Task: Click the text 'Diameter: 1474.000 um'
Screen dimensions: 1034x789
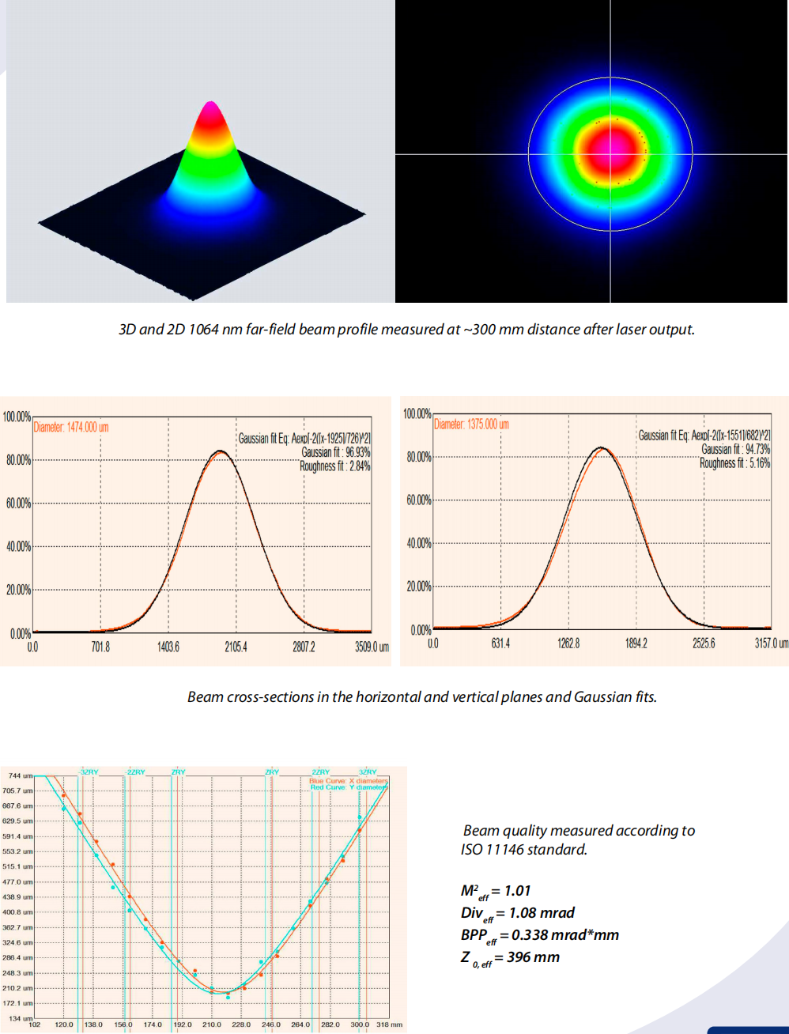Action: [x=71, y=427]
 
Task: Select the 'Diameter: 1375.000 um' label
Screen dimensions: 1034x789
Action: [x=471, y=425]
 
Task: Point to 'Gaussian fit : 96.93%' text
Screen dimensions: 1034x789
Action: [x=335, y=452]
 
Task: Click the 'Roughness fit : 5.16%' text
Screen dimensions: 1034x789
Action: [x=734, y=463]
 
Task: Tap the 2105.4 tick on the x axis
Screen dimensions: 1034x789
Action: [x=236, y=647]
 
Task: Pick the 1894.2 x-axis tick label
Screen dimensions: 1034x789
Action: [x=636, y=643]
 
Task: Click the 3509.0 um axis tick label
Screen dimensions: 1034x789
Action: [x=372, y=647]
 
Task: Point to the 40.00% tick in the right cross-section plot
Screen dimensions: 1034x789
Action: [x=418, y=543]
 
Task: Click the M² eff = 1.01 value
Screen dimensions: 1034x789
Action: [x=496, y=891]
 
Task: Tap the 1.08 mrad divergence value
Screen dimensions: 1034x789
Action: [x=542, y=913]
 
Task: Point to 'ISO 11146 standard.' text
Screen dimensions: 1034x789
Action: [x=524, y=850]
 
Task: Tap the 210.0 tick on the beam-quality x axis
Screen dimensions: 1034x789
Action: [x=212, y=1025]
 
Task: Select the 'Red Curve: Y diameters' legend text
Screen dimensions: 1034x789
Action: [x=349, y=787]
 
